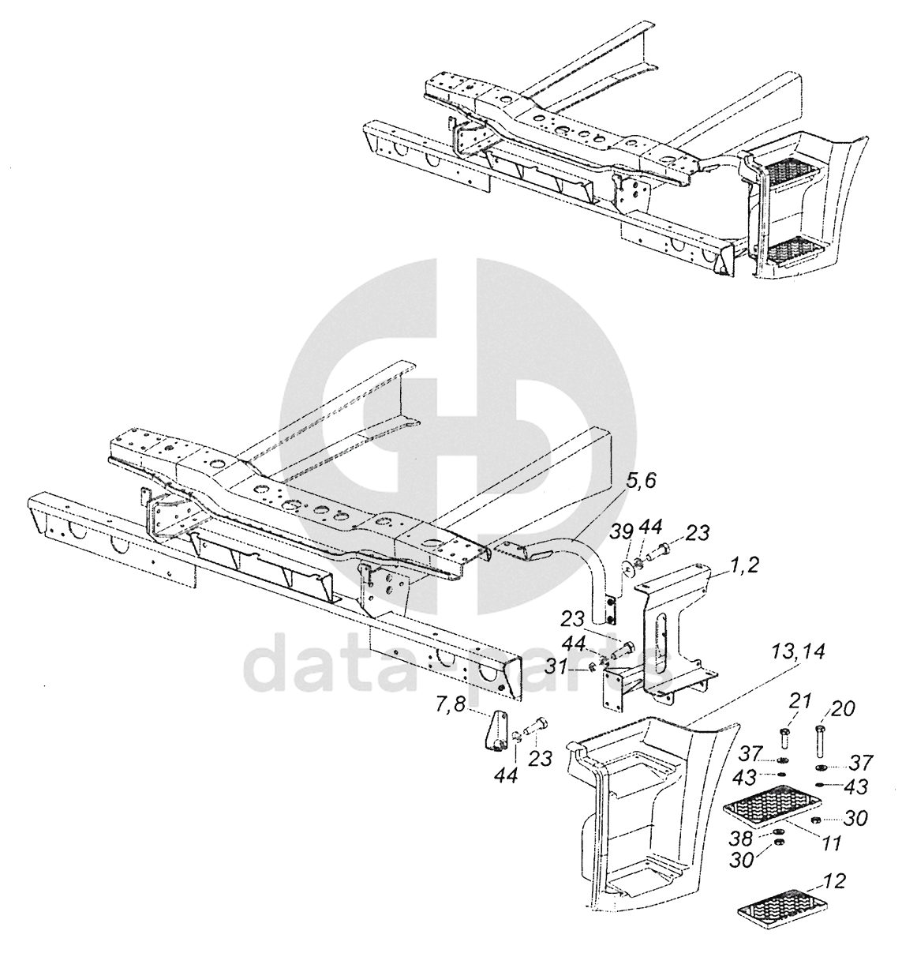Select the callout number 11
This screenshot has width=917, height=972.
[x=830, y=843]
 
